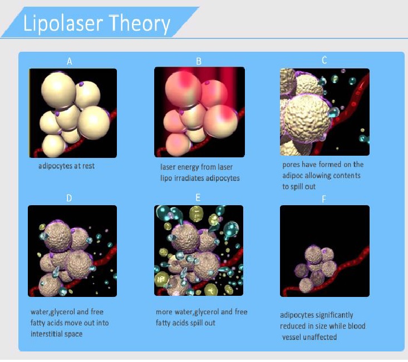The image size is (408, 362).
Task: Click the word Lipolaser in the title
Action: point(63,23)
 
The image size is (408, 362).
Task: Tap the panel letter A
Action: point(69,62)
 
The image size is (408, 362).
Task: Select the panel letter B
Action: point(199,61)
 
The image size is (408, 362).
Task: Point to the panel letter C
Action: point(324,60)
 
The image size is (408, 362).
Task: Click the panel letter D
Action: point(69,198)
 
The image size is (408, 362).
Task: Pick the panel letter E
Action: point(198,197)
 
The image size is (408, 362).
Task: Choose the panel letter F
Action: point(324,199)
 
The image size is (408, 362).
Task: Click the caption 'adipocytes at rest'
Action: point(66,166)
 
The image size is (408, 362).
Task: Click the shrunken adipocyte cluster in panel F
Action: point(316,267)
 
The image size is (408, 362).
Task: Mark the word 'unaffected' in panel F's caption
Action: point(321,337)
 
